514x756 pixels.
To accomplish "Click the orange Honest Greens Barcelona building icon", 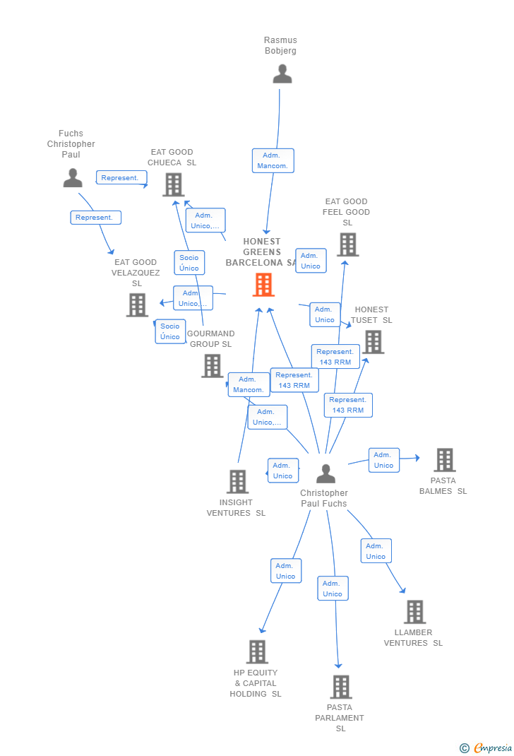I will (263, 285).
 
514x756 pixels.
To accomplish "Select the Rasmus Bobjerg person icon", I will (282, 74).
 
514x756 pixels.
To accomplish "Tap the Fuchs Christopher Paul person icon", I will (73, 178).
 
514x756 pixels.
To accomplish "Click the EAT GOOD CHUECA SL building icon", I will (174, 184).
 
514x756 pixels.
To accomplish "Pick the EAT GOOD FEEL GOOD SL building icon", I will (347, 244).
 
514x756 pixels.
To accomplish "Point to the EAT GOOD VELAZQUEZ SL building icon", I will (137, 305).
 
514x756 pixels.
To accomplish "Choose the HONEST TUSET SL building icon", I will (373, 342).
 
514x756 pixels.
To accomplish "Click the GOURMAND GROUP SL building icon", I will (213, 366).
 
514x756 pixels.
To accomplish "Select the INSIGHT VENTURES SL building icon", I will (237, 482).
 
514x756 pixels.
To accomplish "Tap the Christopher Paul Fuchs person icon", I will (325, 473).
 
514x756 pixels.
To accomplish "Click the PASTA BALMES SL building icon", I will (444, 460).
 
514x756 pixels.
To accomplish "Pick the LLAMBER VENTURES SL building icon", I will (414, 612).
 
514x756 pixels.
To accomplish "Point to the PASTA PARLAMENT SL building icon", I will (340, 687).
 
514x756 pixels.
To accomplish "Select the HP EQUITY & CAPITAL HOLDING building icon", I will (257, 651).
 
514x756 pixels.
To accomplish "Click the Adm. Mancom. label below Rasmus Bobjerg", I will (273, 160).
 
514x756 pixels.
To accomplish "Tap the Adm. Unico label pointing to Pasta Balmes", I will (384, 460).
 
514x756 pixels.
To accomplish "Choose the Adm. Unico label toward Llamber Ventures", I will (376, 551).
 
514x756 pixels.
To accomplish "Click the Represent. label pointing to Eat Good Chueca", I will (121, 178).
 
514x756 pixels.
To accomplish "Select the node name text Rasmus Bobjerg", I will (281, 45).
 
